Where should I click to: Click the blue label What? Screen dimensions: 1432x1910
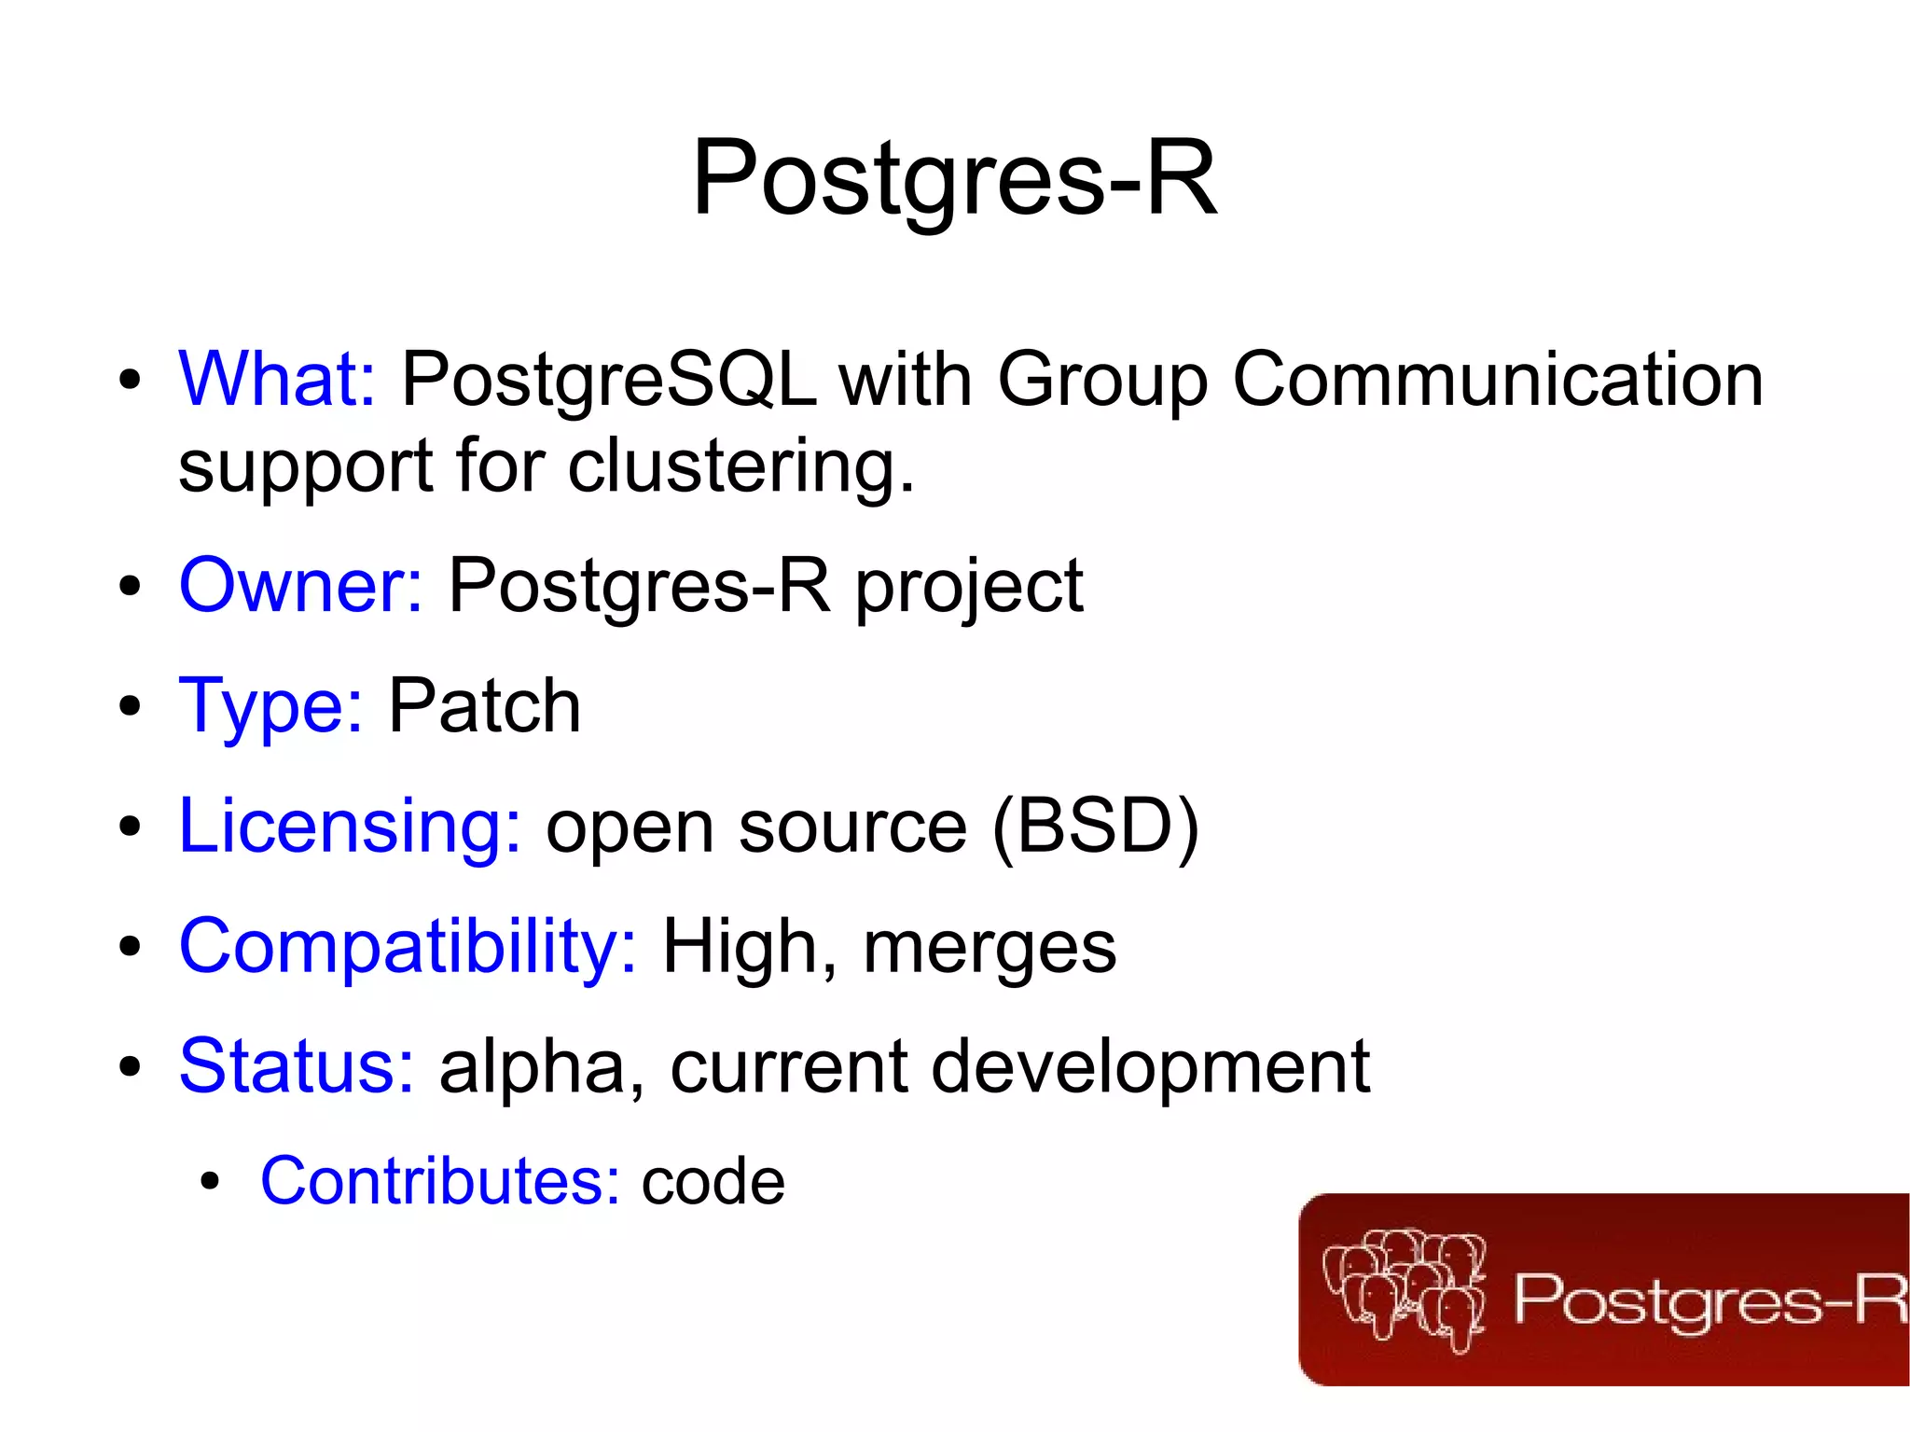pyautogui.click(x=277, y=379)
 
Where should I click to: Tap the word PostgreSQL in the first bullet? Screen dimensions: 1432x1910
pyautogui.click(x=608, y=381)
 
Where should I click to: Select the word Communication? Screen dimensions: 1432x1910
pyautogui.click(x=1497, y=379)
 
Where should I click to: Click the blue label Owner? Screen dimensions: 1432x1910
pyautogui.click(x=300, y=586)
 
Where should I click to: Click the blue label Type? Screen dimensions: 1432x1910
pyautogui.click(x=270, y=707)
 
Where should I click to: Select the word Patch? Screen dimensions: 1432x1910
pyautogui.click(x=484, y=706)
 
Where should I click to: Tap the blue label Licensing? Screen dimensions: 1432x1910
pyautogui.click(x=350, y=826)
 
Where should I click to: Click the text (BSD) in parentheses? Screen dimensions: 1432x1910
pyautogui.click(x=1095, y=827)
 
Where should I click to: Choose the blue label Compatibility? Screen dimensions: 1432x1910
pyautogui.click(x=408, y=947)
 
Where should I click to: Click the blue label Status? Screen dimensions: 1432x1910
pyautogui.click(x=297, y=1065)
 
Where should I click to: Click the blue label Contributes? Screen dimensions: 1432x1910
pyautogui.click(x=440, y=1181)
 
